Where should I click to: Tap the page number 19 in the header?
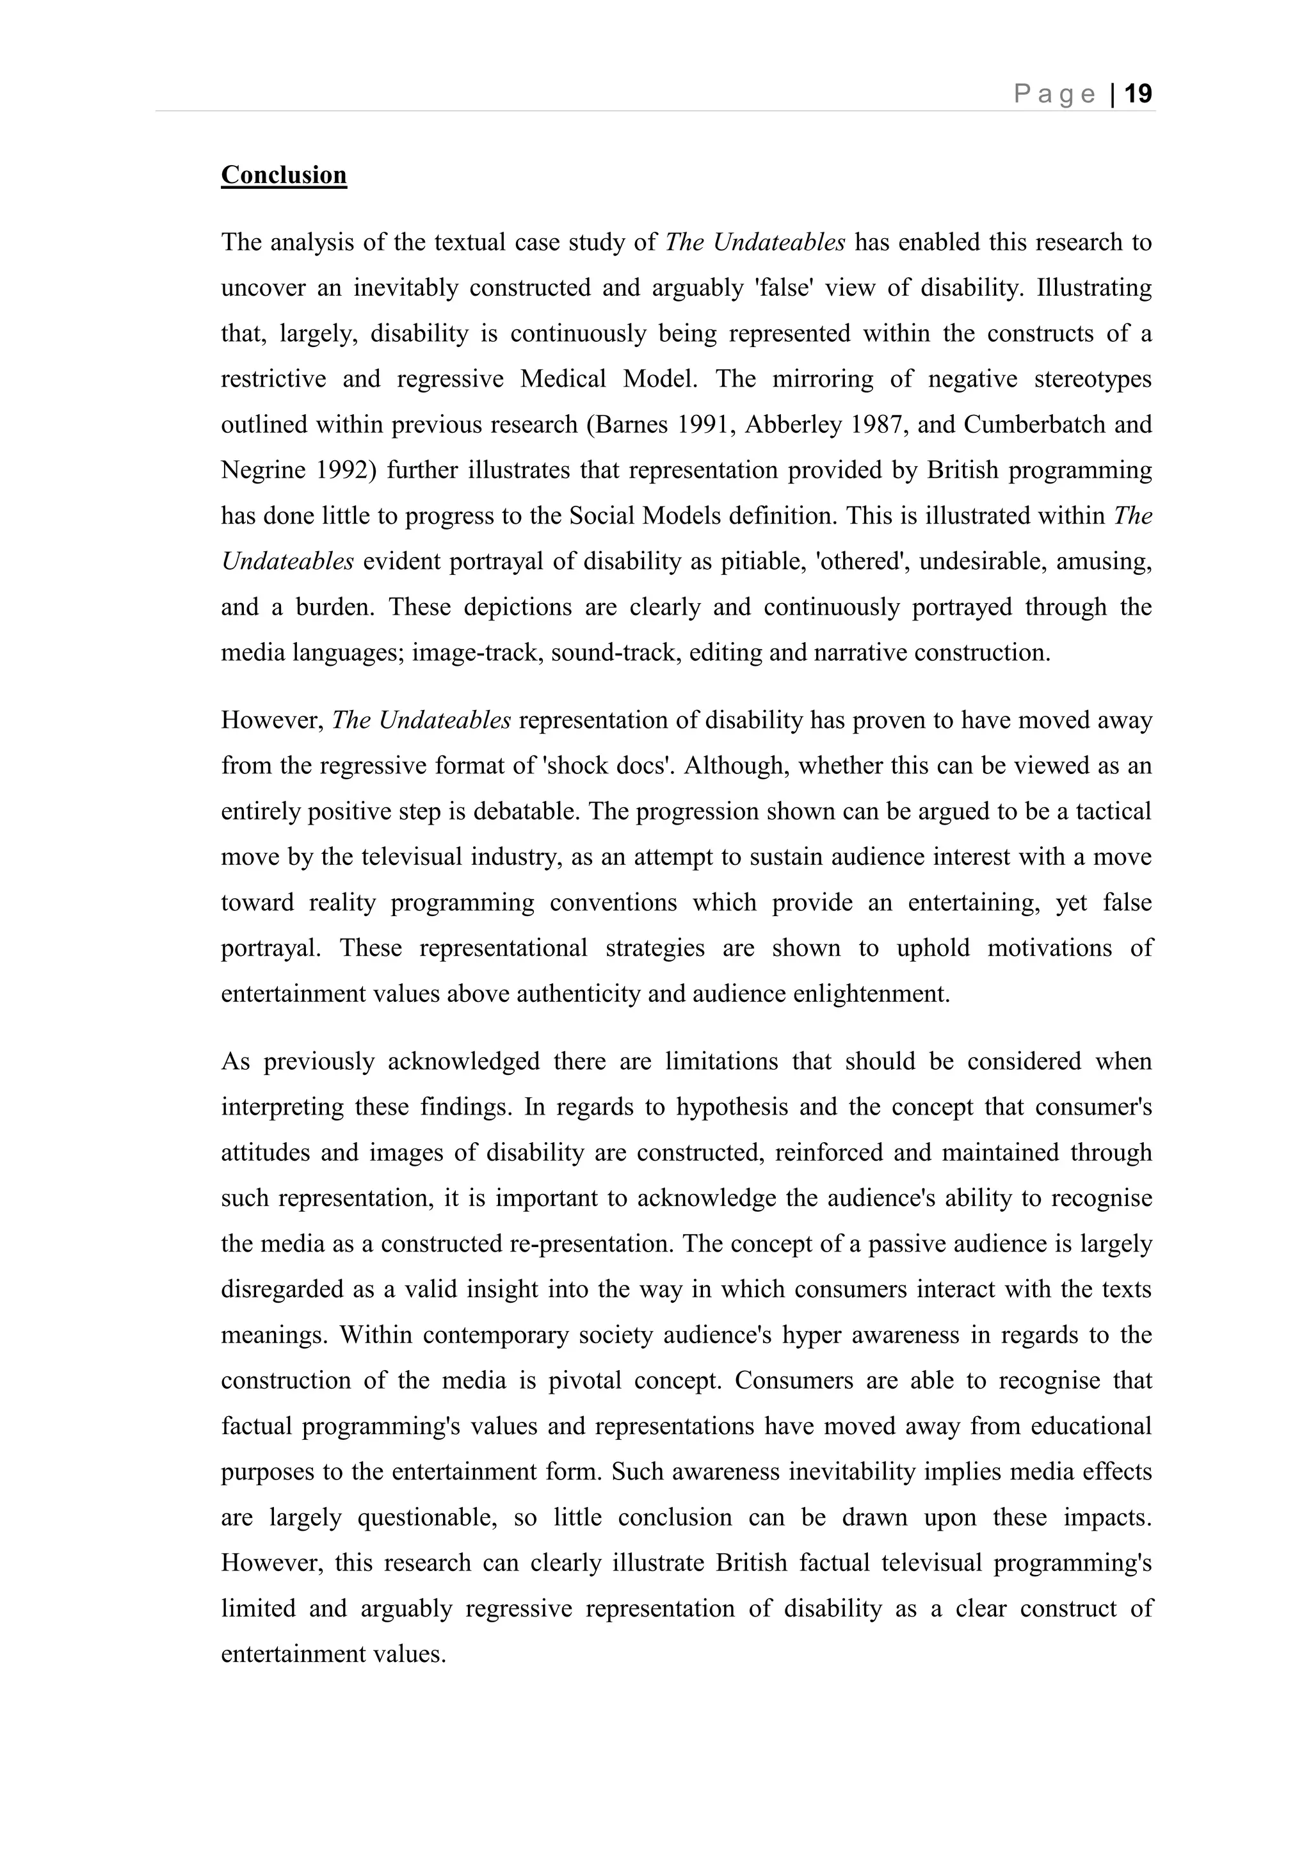point(1138,95)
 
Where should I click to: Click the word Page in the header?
point(1054,95)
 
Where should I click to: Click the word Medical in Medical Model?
point(563,379)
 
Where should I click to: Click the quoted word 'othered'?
point(860,561)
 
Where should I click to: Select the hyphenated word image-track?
point(476,652)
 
